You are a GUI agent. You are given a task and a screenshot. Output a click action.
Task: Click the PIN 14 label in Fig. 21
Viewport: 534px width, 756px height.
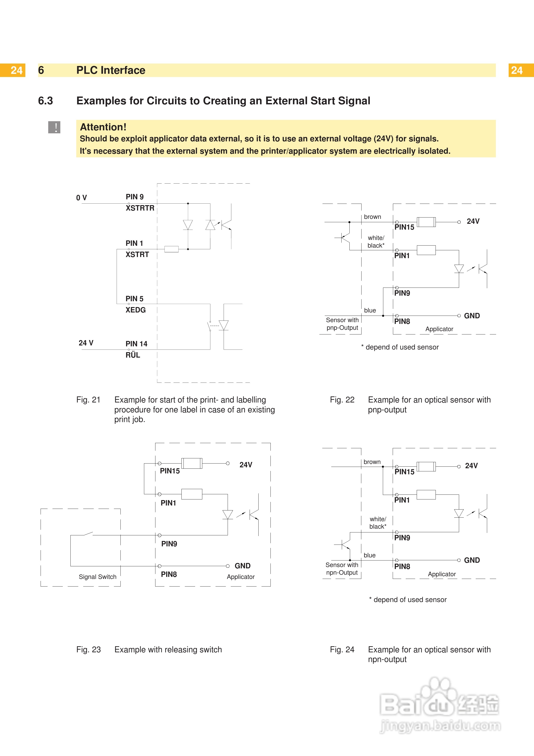tap(136, 344)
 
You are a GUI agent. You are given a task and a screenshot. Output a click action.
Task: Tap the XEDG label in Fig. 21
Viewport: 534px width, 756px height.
tap(135, 310)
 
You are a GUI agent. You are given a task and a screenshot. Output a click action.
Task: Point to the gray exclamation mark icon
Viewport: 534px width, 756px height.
tap(54, 127)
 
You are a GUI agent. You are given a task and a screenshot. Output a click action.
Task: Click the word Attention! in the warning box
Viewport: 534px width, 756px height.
tap(103, 127)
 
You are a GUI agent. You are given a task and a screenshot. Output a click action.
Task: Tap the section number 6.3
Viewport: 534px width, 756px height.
tap(45, 101)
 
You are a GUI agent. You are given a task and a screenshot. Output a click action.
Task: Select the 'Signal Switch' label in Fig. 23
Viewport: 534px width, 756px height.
tap(97, 577)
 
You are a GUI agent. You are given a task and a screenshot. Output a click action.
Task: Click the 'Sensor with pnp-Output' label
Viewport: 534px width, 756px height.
tap(342, 324)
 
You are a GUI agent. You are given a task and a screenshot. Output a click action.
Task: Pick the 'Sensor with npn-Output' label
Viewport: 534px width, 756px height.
tap(342, 569)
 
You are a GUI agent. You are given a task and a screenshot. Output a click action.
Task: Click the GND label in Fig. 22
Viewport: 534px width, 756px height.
tap(472, 316)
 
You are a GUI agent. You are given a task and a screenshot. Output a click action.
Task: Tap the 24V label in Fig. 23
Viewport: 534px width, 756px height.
tap(246, 465)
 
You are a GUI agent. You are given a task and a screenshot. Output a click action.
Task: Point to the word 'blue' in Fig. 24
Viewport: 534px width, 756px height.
tap(369, 555)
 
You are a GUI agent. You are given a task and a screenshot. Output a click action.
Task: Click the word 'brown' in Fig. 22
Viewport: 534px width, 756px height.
tap(373, 217)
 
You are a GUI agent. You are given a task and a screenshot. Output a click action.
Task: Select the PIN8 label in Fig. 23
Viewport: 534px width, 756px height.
tap(169, 574)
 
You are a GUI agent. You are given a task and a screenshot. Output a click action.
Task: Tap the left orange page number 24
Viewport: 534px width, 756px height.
tap(16, 70)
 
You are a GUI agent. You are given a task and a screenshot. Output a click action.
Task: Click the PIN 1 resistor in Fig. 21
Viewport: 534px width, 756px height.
tap(171, 249)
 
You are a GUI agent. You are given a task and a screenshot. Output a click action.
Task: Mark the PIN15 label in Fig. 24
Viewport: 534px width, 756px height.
tap(404, 472)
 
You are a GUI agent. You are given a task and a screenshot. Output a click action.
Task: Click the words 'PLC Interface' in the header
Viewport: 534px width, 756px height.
tap(111, 70)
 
